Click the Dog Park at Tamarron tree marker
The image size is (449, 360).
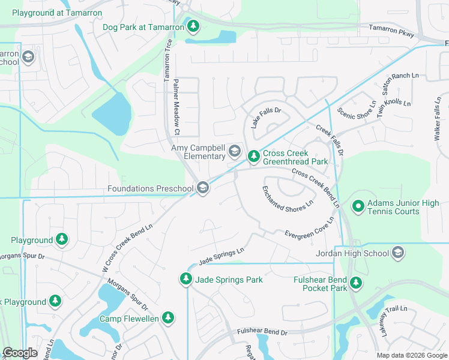pos(193,26)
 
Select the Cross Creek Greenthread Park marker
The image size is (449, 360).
pos(254,157)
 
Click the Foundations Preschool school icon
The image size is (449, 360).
pos(203,188)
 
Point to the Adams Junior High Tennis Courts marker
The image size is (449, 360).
pos(358,207)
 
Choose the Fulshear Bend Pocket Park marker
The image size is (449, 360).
pos(356,283)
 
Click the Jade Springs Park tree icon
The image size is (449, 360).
pos(186,279)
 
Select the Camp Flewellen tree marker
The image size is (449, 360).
pos(169,318)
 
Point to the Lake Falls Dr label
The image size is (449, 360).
pos(266,115)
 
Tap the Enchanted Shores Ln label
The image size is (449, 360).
pos(288,197)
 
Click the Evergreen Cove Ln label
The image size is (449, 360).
pos(309,227)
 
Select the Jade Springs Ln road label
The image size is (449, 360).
pos(221,255)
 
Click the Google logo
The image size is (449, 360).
pos(20,353)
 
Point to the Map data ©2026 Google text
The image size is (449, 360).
pos(411,355)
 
